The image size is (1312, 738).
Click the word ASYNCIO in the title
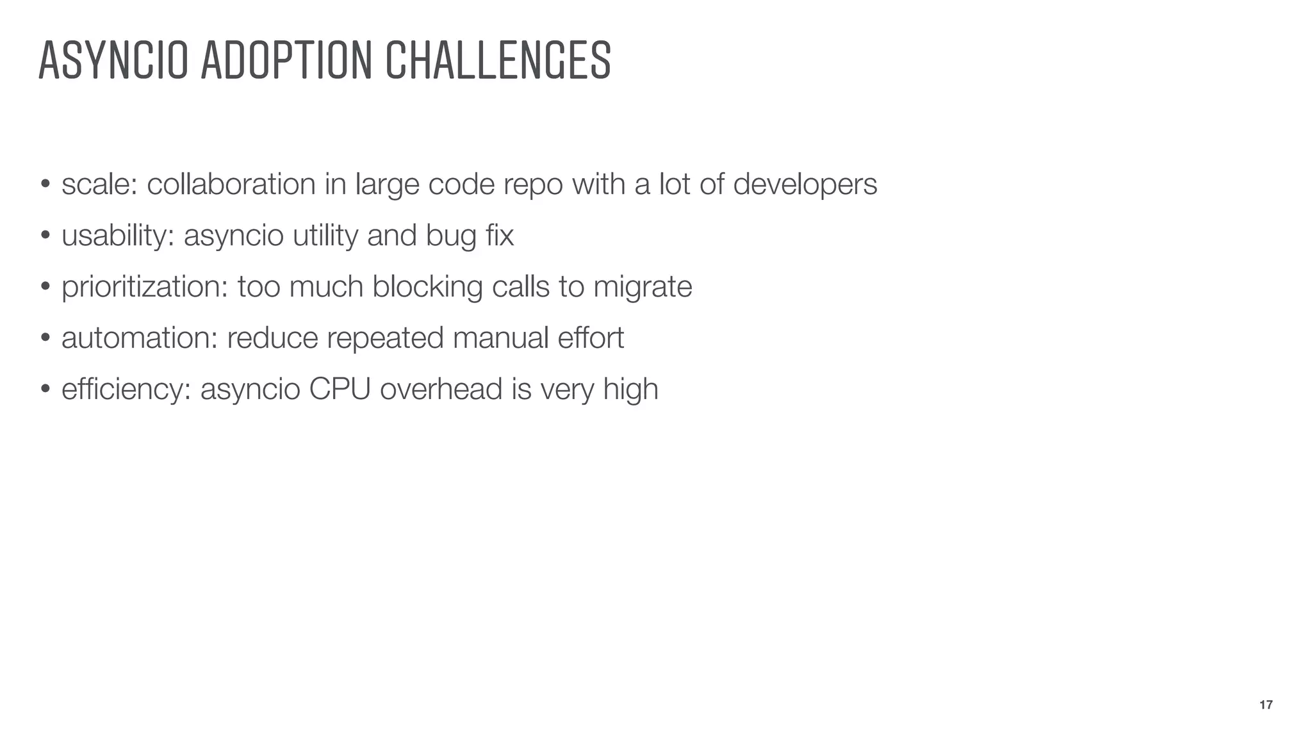point(113,60)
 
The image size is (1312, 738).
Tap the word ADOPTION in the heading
point(286,60)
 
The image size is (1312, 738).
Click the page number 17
point(1266,705)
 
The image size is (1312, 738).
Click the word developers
point(805,184)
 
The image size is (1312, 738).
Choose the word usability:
point(118,236)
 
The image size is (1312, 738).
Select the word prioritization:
point(145,287)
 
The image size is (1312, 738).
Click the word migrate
point(643,287)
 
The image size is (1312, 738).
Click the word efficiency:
point(126,389)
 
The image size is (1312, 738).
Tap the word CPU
point(340,389)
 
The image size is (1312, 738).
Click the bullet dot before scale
point(45,185)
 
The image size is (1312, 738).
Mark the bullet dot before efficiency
point(45,390)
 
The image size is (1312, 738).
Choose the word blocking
point(427,287)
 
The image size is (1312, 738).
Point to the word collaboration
point(231,184)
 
